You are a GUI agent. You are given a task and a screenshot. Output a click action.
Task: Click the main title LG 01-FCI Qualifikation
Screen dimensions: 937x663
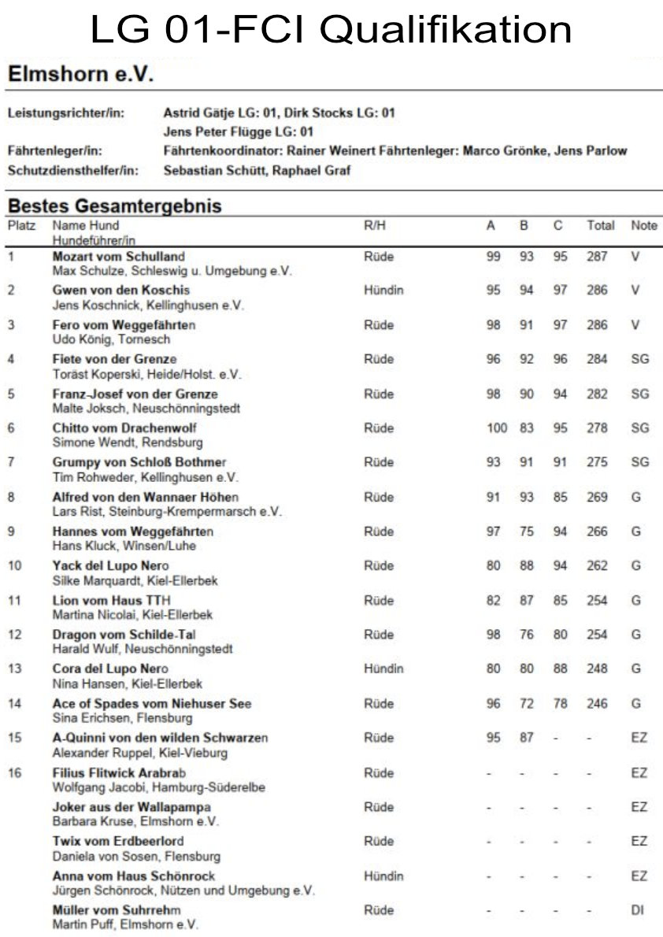331,30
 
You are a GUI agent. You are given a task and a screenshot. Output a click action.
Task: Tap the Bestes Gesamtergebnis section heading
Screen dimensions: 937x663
114,206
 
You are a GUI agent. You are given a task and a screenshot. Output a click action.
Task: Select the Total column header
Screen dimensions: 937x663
600,226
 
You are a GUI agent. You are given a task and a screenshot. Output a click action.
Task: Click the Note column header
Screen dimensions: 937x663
643,226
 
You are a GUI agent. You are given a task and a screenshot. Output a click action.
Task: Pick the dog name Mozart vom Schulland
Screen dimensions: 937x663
118,256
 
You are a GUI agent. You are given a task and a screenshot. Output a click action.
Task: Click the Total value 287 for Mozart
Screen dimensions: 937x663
597,256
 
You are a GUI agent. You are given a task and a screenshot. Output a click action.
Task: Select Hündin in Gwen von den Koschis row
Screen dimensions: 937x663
383,291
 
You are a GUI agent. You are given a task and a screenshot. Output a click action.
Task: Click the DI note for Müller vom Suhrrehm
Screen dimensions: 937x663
637,909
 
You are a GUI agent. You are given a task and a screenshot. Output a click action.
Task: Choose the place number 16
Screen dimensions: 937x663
15,772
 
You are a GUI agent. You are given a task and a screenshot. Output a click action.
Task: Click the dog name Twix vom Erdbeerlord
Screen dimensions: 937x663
118,841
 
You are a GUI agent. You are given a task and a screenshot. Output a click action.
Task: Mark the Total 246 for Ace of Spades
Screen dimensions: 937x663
597,703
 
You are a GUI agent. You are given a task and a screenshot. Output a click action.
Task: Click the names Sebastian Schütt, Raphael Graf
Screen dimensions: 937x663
257,169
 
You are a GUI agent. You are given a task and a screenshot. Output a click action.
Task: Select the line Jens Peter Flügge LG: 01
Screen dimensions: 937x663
238,131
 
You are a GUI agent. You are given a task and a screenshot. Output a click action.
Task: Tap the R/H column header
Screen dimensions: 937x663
374,226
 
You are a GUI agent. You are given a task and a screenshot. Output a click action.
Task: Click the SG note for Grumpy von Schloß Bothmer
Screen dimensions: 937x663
639,462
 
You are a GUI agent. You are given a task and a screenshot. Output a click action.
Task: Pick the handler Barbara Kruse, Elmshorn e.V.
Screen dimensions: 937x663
135,821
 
